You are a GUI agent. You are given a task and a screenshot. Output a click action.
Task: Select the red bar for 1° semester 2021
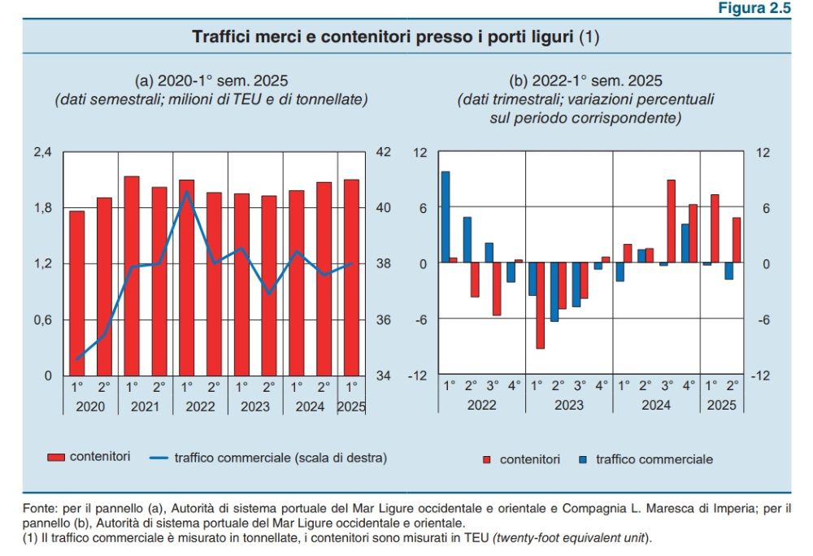click(x=132, y=276)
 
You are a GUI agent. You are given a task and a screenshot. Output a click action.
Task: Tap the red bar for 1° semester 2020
click(x=77, y=293)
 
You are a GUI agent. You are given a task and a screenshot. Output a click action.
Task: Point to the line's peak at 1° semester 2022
click(x=186, y=192)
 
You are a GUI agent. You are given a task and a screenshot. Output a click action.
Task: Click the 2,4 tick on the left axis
click(x=42, y=152)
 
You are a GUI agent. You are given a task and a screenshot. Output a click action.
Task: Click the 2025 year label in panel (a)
click(x=351, y=406)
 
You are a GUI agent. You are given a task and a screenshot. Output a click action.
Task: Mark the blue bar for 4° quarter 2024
click(x=685, y=243)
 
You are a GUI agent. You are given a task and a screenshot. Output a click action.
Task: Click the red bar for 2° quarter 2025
click(x=737, y=240)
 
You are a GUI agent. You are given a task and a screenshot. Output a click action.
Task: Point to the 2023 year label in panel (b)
click(x=569, y=406)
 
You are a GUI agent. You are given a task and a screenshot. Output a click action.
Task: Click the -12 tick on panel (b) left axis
click(x=419, y=376)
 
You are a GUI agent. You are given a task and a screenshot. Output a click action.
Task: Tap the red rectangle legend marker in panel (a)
click(x=55, y=458)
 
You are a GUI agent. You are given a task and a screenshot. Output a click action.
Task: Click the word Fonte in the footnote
click(x=37, y=508)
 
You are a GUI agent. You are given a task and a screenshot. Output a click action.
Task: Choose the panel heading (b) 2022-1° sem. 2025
click(x=585, y=80)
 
